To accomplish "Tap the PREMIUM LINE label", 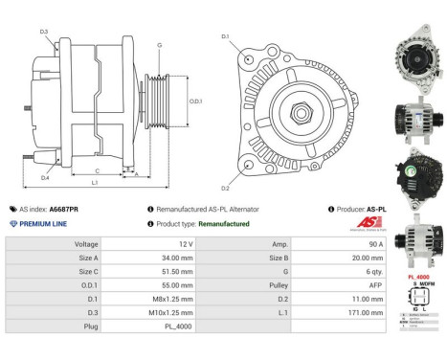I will [x=45, y=223].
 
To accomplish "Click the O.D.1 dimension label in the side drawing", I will [x=194, y=101].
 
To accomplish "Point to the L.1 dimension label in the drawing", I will [x=95, y=181].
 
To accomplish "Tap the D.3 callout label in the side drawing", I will [x=45, y=32].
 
